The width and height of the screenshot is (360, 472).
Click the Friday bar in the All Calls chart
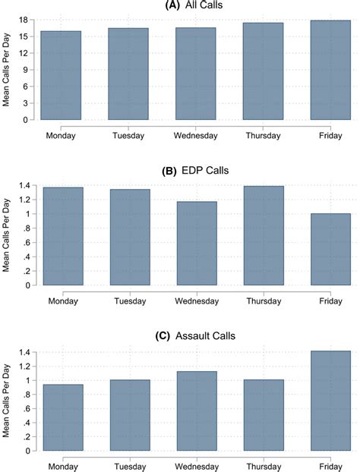click(x=331, y=71)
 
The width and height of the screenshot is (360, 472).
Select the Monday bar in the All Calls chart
click(x=61, y=76)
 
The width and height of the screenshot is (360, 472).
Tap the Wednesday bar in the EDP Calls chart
click(x=196, y=244)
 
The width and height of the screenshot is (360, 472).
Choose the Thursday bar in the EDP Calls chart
click(x=264, y=236)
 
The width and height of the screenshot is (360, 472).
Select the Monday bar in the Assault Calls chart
click(x=61, y=417)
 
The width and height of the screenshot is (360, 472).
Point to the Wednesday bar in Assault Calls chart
click(x=196, y=411)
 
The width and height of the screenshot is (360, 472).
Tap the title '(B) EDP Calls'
click(x=195, y=171)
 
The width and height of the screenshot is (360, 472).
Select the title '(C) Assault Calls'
click(x=195, y=336)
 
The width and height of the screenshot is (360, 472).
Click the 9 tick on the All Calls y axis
click(x=26, y=70)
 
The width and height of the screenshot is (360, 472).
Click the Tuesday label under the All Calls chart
click(x=128, y=136)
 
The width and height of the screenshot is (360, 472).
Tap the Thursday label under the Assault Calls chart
click(x=264, y=466)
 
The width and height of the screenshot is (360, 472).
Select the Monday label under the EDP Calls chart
click(x=61, y=301)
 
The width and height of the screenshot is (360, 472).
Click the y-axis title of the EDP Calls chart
click(x=7, y=235)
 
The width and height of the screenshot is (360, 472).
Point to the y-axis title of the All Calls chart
click(x=7, y=70)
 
